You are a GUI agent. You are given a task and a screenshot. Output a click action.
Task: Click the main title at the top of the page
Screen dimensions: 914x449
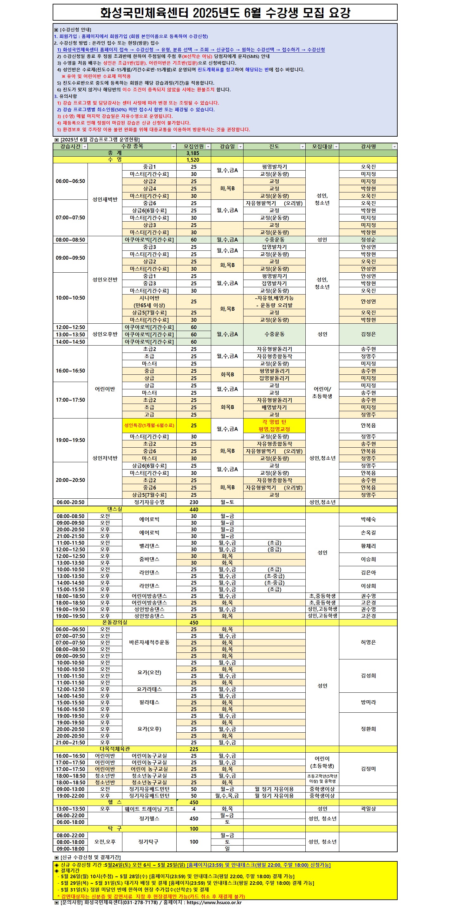[x=225, y=13]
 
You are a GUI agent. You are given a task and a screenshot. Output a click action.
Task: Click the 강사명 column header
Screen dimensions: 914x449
[x=368, y=146]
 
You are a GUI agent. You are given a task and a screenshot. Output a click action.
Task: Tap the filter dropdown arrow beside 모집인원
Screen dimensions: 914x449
[x=208, y=147]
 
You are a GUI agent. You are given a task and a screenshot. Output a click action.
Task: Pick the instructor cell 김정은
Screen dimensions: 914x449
[x=368, y=334]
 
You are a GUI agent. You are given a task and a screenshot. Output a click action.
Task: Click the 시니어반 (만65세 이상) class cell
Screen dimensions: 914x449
[x=149, y=301]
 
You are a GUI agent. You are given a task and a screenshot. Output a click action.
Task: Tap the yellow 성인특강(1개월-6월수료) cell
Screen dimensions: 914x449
[x=149, y=425]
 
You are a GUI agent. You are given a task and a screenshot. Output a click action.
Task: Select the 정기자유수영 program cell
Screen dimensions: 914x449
[x=149, y=502]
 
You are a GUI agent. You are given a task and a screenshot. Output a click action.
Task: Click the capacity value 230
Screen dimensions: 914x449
[x=193, y=502]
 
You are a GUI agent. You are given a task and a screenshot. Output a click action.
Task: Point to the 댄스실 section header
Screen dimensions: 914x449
[x=115, y=509]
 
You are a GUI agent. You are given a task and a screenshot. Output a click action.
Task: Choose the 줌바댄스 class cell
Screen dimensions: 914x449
[x=149, y=559]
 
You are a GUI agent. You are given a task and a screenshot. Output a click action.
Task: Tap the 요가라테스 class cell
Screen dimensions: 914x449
[x=149, y=689]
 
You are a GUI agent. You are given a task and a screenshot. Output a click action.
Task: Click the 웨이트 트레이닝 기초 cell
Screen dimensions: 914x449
[x=149, y=809]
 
